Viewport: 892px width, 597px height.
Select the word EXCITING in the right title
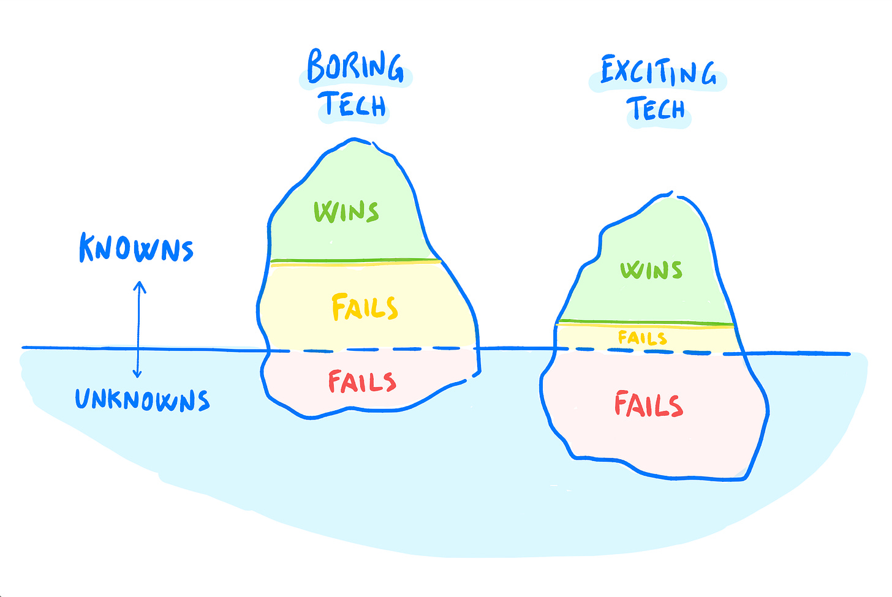657,72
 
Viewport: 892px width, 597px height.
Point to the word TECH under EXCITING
656,109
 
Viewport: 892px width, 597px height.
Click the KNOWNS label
136,249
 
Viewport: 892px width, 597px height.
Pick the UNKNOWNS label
142,399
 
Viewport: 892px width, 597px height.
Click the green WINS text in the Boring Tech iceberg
346,211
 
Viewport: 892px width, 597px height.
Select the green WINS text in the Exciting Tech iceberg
651,270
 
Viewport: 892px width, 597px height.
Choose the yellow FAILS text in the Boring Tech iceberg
365,307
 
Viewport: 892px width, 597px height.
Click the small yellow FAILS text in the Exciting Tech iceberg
642,337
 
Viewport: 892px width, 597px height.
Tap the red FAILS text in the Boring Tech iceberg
361,381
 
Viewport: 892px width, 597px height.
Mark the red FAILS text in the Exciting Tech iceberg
648,405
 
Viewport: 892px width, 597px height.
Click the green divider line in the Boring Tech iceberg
355,261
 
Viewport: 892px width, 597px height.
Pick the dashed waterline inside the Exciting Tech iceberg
649,351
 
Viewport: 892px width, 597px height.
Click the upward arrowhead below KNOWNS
140,285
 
